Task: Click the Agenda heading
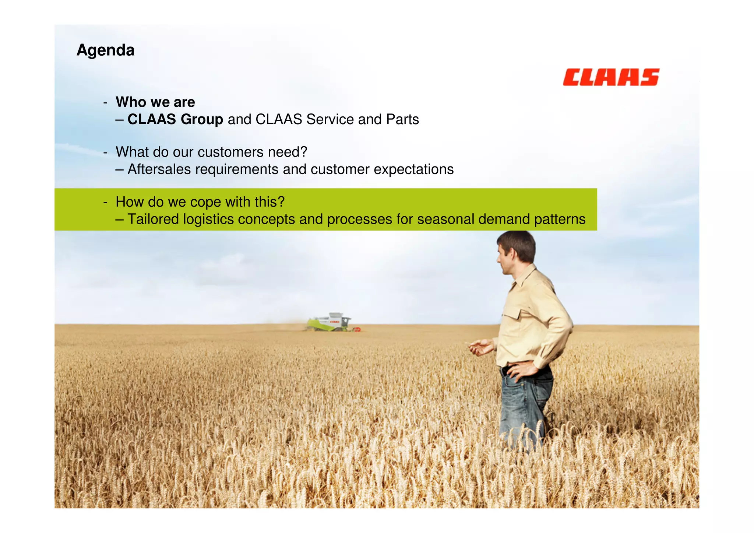pyautogui.click(x=105, y=50)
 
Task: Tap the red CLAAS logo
pyautogui.click(x=611, y=77)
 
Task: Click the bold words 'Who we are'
pyautogui.click(x=155, y=102)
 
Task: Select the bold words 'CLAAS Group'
pyautogui.click(x=175, y=119)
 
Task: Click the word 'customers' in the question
pyautogui.click(x=230, y=152)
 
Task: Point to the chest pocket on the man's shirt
pyautogui.click(x=511, y=317)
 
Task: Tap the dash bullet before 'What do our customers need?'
pyautogui.click(x=106, y=152)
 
